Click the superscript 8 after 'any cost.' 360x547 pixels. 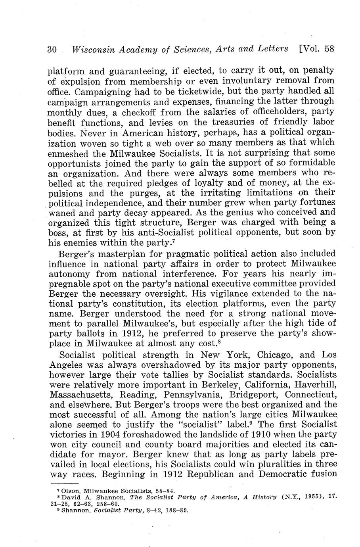[218, 341]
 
